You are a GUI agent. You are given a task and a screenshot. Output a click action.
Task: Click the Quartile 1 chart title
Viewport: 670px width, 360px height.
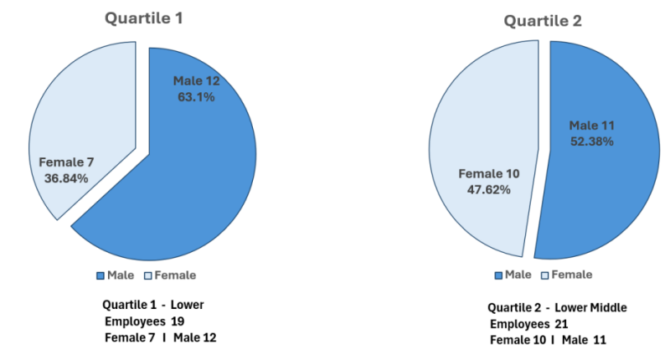pos(144,18)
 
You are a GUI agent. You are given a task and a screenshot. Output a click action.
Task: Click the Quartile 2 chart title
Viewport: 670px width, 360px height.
pos(543,21)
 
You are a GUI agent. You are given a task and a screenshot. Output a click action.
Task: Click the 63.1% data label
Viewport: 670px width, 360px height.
pos(196,97)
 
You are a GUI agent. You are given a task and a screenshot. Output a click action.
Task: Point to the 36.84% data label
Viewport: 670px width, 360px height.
pos(66,178)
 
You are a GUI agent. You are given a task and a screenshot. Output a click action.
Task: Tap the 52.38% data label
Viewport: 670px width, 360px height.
pos(592,141)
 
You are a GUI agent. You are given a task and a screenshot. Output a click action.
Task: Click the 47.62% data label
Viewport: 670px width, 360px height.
pos(489,189)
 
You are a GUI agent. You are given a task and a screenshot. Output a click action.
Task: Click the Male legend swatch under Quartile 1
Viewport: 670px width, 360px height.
pos(100,276)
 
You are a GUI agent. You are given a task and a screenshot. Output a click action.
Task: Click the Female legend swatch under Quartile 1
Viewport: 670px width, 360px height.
pos(148,276)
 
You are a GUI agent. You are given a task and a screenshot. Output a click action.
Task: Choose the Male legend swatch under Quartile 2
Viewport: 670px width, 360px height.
pos(498,275)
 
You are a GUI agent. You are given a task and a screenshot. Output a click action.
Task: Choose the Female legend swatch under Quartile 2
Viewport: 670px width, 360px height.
pos(545,275)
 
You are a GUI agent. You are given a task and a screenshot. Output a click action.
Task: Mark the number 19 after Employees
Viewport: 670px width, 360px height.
pos(178,321)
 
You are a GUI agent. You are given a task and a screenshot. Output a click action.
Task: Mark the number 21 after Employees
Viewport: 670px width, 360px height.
pos(561,324)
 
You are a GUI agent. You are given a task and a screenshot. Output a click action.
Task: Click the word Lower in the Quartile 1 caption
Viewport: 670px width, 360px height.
pos(187,305)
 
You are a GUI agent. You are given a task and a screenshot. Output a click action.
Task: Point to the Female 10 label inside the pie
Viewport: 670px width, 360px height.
pos(489,174)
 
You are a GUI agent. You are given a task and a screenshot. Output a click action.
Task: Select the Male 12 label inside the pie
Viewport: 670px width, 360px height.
pos(196,81)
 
